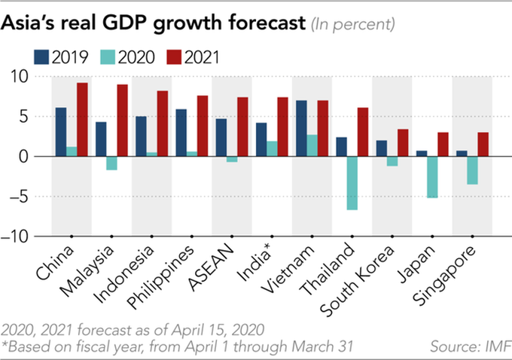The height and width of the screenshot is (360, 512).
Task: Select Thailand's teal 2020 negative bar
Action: tap(352, 183)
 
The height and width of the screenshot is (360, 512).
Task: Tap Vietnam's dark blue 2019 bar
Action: tap(302, 128)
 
